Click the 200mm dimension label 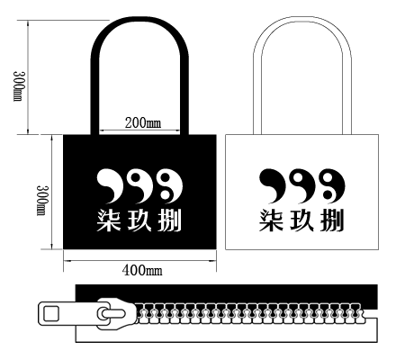click(x=142, y=123)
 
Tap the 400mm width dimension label click(x=142, y=270)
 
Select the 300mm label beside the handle click(x=19, y=86)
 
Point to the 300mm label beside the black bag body click(x=41, y=200)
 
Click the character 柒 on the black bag click(x=109, y=220)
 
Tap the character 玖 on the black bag click(x=139, y=220)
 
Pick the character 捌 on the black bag click(x=170, y=220)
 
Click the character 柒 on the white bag click(x=271, y=220)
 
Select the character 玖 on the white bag click(x=302, y=220)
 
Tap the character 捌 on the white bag click(x=332, y=220)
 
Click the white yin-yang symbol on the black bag click(x=171, y=184)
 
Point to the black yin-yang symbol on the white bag click(x=333, y=184)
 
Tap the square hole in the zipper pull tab click(x=51, y=314)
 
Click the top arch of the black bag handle click(x=139, y=21)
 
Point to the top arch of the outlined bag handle click(x=302, y=19)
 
